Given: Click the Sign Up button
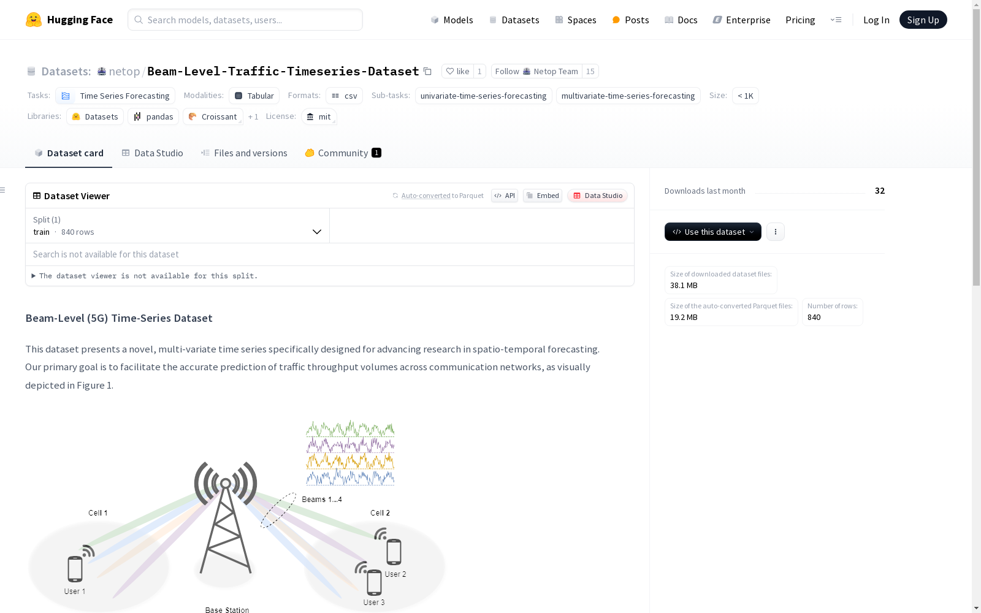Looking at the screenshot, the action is pyautogui.click(x=923, y=20).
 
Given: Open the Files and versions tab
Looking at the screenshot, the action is pyautogui.click(x=244, y=153).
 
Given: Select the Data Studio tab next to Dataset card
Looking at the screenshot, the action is pyautogui.click(x=152, y=153).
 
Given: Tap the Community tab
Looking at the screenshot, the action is pyautogui.click(x=343, y=153).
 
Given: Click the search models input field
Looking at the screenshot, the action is pyautogui.click(x=245, y=20).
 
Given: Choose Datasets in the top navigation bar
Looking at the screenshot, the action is pyautogui.click(x=514, y=20).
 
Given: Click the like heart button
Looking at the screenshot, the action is pyautogui.click(x=457, y=71).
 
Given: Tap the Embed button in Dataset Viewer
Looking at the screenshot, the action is pyautogui.click(x=543, y=196).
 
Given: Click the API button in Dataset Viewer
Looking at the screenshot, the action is pyautogui.click(x=505, y=196).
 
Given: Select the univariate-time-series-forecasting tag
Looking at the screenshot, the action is pyautogui.click(x=484, y=96).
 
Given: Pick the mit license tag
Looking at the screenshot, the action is pyautogui.click(x=319, y=116).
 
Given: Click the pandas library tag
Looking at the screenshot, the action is pyautogui.click(x=153, y=116).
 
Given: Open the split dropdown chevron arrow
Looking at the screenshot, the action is pyautogui.click(x=316, y=232).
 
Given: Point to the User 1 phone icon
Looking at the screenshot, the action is pyautogui.click(x=75, y=569).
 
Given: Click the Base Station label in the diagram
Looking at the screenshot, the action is pyautogui.click(x=227, y=609).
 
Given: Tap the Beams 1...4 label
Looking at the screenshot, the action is pyautogui.click(x=322, y=499).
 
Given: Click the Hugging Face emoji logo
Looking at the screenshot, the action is pyautogui.click(x=34, y=20).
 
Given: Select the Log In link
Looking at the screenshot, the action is pyautogui.click(x=876, y=20).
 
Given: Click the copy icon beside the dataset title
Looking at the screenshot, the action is pyautogui.click(x=428, y=71).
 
